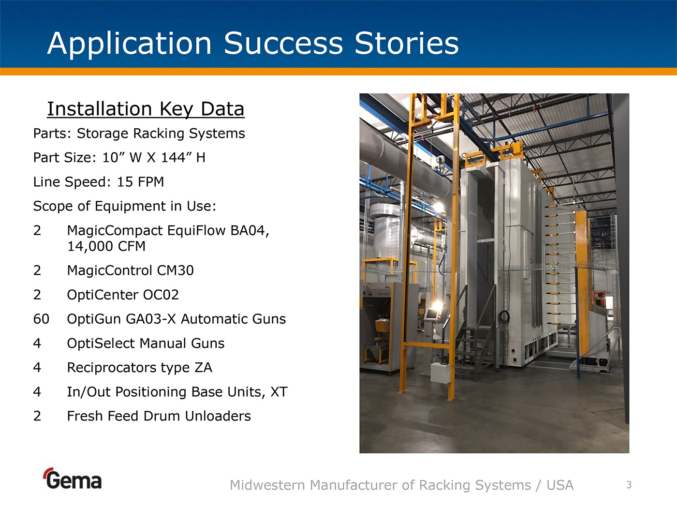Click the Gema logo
pyautogui.click(x=73, y=478)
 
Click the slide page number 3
pyautogui.click(x=629, y=485)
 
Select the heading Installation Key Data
pyautogui.click(x=146, y=109)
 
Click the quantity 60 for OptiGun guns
pyautogui.click(x=41, y=319)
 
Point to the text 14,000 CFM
pyautogui.click(x=106, y=246)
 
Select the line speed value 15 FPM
pyautogui.click(x=140, y=182)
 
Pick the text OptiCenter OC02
pyautogui.click(x=123, y=295)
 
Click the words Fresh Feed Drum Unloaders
pyautogui.click(x=159, y=416)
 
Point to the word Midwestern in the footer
pyautogui.click(x=267, y=485)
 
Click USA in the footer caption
pyautogui.click(x=560, y=485)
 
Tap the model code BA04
pyautogui.click(x=250, y=231)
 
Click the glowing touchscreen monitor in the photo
pyautogui.click(x=431, y=314)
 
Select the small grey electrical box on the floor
pyautogui.click(x=441, y=373)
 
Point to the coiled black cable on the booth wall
pyautogui.click(x=503, y=318)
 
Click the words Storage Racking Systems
pyautogui.click(x=161, y=134)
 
